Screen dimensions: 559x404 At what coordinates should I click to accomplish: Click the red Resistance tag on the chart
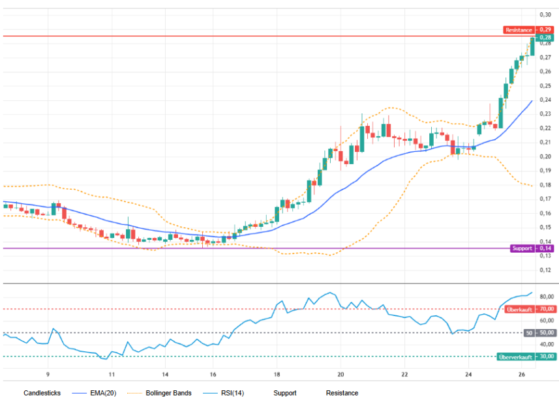pyautogui.click(x=519, y=30)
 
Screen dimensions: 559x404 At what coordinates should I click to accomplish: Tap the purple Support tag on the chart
pyautogui.click(x=522, y=248)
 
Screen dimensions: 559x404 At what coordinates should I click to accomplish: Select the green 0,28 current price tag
pyautogui.click(x=545, y=37)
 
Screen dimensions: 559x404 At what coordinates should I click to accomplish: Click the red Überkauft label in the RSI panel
pyautogui.click(x=519, y=310)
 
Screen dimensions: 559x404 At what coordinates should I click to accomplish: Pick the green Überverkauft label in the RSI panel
pyautogui.click(x=515, y=356)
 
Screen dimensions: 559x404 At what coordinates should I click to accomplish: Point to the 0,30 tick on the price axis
pyautogui.click(x=545, y=14)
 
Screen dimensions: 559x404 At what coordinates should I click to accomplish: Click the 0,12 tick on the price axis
pyautogui.click(x=545, y=270)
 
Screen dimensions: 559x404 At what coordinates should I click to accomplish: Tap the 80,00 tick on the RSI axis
pyautogui.click(x=547, y=296)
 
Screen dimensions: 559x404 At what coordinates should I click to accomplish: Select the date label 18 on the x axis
pyautogui.click(x=277, y=375)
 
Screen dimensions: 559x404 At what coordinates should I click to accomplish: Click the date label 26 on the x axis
pyautogui.click(x=522, y=375)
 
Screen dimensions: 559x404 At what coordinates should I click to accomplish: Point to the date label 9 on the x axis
pyautogui.click(x=48, y=375)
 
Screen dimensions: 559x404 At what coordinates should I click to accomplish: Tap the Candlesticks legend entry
pyautogui.click(x=42, y=393)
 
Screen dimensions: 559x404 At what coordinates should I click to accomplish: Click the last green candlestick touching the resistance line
pyautogui.click(x=532, y=46)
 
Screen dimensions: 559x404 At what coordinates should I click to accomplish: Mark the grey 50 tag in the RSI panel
pyautogui.click(x=529, y=333)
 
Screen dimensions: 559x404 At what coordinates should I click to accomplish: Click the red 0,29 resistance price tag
pyautogui.click(x=545, y=30)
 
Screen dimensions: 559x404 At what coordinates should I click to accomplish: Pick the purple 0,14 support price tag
pyautogui.click(x=545, y=248)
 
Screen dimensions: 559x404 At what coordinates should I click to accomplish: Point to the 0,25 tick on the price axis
pyautogui.click(x=545, y=85)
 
